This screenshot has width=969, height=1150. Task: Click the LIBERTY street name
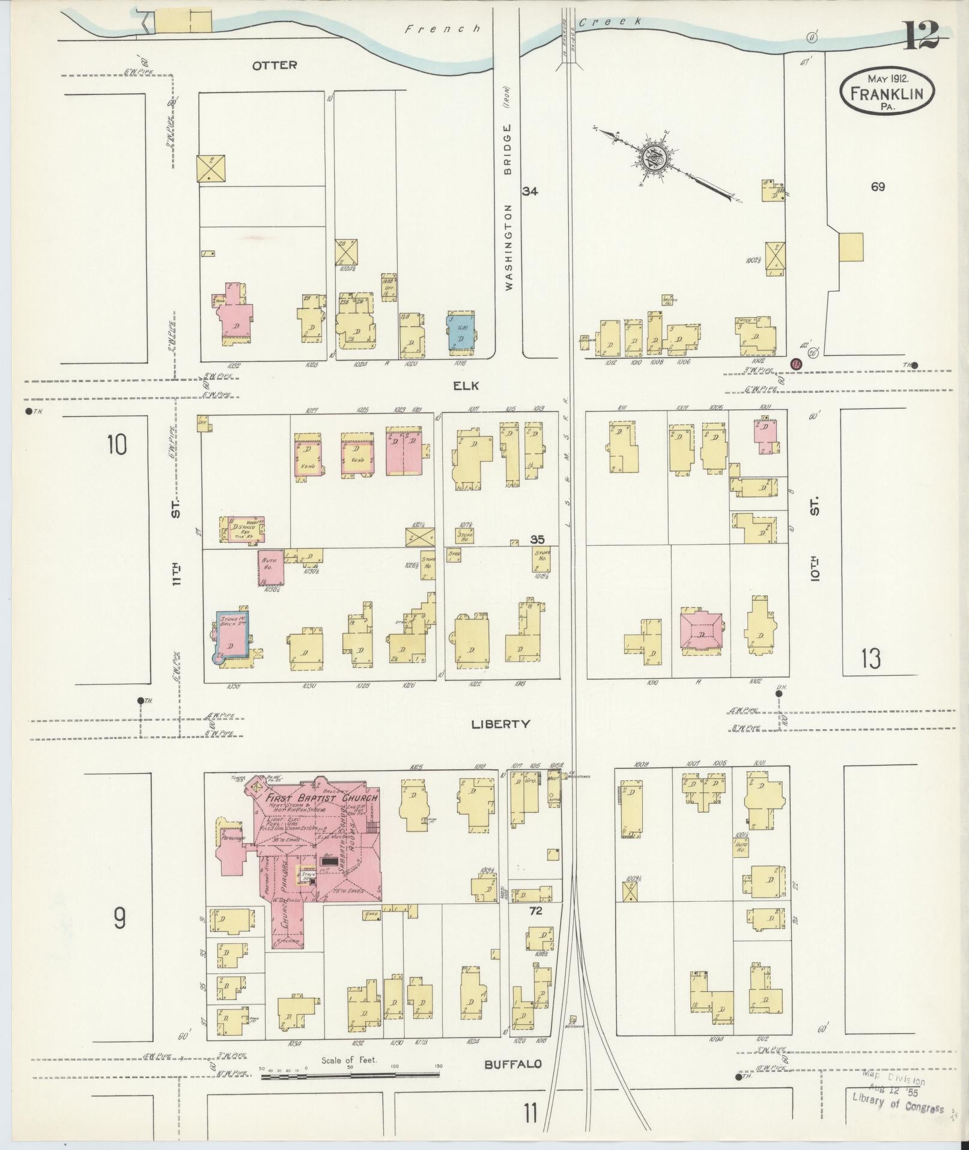500,724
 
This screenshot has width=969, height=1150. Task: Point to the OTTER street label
275,65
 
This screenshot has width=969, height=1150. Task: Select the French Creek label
523,25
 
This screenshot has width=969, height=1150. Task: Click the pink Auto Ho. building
271,567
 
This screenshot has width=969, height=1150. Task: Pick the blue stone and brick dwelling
232,635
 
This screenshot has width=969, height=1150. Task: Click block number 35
536,539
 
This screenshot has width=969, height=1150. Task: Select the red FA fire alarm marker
797,364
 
